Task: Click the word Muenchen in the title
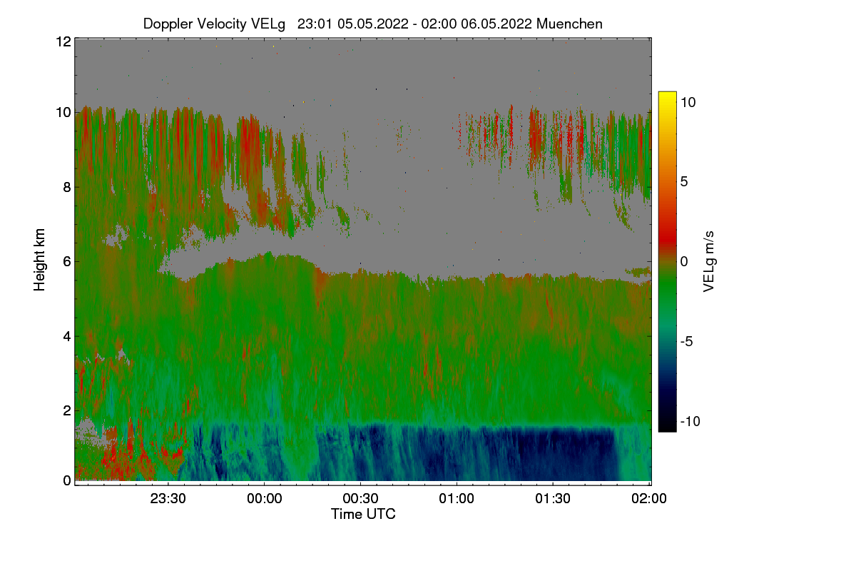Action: pos(569,24)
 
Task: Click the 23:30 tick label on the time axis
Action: pos(168,499)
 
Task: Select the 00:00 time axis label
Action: pos(264,499)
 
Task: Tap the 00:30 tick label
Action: pos(360,499)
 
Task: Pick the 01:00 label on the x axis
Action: pos(457,499)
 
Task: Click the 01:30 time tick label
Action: pos(553,499)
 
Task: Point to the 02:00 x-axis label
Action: pos(649,499)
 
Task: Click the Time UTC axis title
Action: pos(363,514)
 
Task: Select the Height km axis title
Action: pos(40,260)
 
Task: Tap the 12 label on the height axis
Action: pos(63,41)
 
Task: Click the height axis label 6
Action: pos(67,261)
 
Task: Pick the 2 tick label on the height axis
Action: pos(67,410)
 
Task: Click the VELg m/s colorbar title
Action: pos(709,260)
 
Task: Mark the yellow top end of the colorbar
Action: pos(667,96)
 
